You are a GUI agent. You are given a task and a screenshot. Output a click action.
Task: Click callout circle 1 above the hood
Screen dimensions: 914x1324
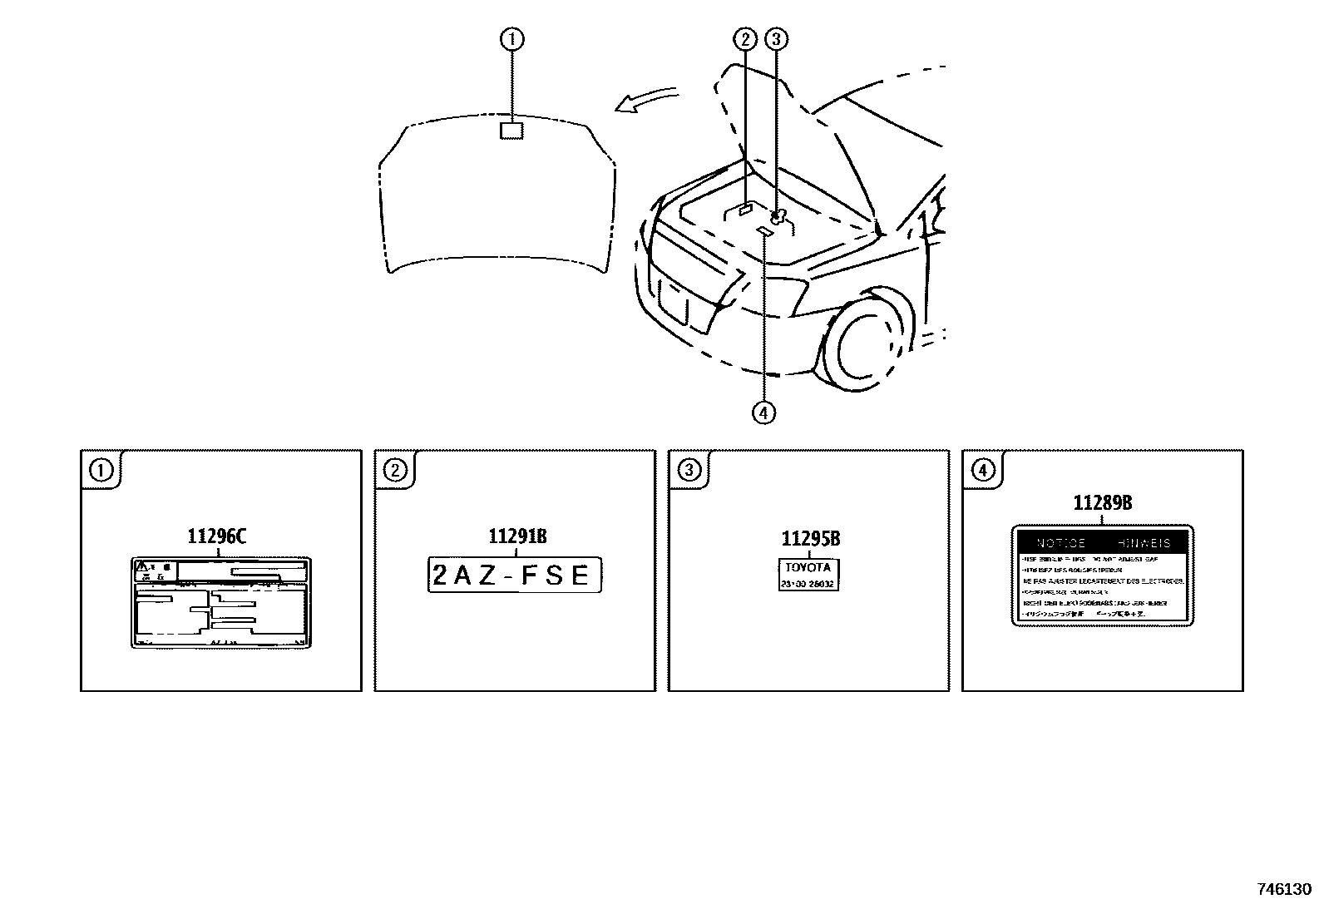[x=512, y=38]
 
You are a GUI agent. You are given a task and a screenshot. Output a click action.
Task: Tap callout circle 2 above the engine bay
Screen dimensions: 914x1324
[x=745, y=38]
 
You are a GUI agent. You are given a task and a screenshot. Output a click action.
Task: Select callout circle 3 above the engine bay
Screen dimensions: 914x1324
[x=776, y=38]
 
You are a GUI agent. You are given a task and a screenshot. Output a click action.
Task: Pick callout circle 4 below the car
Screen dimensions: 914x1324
[x=763, y=412]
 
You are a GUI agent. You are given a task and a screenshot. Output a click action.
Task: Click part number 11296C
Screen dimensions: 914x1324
[x=216, y=536]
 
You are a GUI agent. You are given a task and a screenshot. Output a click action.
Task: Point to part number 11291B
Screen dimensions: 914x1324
[x=517, y=536]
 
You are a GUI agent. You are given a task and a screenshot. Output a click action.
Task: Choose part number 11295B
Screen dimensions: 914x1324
[x=810, y=539]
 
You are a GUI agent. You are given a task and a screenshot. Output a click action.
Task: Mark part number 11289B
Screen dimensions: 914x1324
[x=1102, y=502]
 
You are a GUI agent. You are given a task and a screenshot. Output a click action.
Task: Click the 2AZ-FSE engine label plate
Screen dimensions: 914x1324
[x=514, y=575]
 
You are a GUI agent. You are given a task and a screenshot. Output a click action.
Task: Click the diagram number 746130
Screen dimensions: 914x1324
[x=1283, y=889]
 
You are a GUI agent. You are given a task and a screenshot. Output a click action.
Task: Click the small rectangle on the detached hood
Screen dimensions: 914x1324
[x=511, y=130]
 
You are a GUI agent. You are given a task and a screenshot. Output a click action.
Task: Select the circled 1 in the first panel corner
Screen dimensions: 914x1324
[x=101, y=471]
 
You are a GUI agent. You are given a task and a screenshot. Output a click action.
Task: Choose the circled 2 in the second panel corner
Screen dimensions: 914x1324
[x=394, y=471]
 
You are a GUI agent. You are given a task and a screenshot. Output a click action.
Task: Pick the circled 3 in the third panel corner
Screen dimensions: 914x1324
[x=689, y=471]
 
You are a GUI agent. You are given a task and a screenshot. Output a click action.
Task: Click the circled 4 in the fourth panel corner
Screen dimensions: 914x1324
[x=982, y=471]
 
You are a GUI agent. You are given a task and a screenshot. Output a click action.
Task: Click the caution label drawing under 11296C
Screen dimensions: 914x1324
[x=220, y=602]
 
